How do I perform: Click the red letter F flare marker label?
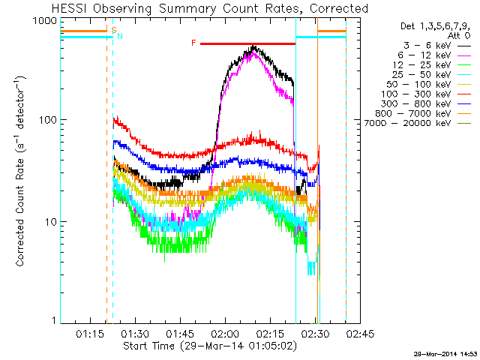coord(193,43)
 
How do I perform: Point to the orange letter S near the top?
coord(113,30)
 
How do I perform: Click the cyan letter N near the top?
coord(119,35)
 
